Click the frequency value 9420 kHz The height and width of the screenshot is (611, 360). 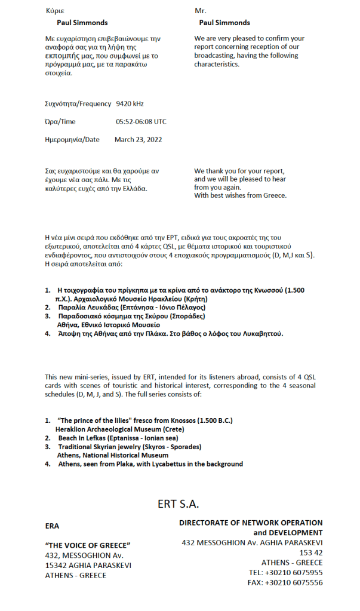(130, 104)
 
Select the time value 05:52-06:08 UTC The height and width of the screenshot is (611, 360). (141, 122)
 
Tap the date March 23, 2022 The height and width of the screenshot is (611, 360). (138, 140)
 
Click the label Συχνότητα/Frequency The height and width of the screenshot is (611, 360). (78, 104)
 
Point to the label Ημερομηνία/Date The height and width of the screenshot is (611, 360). (72, 140)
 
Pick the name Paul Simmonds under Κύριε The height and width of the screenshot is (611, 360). (82, 23)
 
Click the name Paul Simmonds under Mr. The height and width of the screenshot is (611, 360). (224, 23)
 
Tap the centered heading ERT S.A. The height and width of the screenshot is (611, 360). (179, 503)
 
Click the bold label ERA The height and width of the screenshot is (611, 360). (52, 526)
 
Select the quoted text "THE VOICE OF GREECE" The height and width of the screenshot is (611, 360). (88, 545)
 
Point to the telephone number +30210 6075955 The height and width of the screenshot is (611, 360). (294, 572)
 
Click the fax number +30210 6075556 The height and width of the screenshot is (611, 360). (294, 582)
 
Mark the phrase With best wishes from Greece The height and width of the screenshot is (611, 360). (241, 196)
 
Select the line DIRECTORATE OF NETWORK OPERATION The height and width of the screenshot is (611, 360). (251, 523)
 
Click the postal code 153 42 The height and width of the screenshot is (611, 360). (311, 552)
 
